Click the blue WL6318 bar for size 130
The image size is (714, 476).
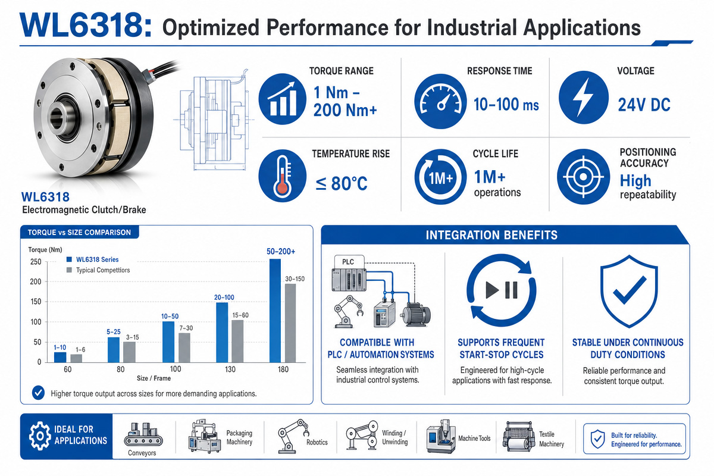222,332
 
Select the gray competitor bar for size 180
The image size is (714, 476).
290,323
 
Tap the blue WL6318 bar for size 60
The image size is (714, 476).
60,357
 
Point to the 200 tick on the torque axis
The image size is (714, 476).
35,282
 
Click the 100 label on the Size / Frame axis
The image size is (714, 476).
176,369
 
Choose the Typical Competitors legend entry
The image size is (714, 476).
98,270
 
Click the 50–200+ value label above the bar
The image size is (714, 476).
281,252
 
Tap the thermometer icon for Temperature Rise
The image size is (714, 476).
283,176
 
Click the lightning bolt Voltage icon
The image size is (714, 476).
584,97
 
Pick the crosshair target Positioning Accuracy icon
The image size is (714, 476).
583,177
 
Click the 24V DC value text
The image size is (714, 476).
644,105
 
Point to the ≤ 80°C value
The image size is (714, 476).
342,183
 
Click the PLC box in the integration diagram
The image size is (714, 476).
349,262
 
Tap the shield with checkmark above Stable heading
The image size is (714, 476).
628,291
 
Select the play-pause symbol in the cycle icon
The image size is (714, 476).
502,290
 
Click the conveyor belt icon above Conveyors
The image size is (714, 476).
143,434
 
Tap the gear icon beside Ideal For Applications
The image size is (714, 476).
39,436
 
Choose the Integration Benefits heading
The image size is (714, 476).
491,235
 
